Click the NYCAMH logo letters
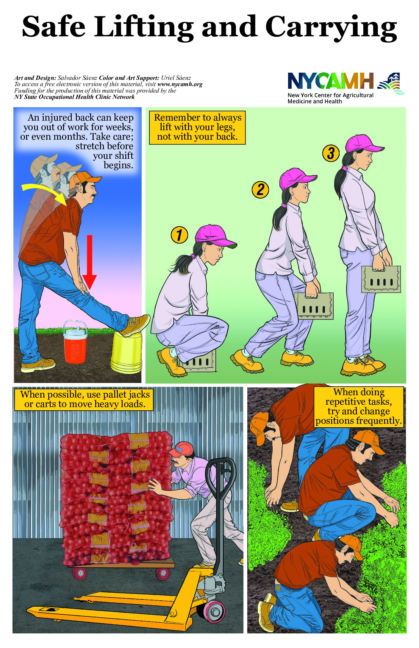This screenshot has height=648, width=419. pos(331,81)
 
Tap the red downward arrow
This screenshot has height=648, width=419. pos(89,262)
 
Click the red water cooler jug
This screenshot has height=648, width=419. pos(75,342)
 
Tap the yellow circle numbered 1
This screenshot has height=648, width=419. pos(179,235)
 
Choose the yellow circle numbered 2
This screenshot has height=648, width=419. pos(260,190)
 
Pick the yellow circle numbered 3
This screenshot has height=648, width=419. pos(331,153)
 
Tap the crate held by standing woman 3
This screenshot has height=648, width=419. pos(381,279)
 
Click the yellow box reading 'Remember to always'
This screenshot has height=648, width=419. pos(197,127)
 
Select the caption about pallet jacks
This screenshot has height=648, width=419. pos(84,399)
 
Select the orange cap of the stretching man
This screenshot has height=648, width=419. pos(88,177)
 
